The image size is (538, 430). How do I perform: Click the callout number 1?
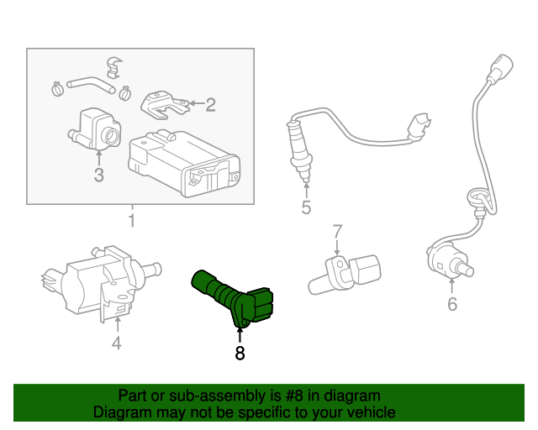click(131, 221)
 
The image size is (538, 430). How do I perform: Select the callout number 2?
click(210, 105)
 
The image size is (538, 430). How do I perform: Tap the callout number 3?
click(98, 176)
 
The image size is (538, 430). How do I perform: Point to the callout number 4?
click(117, 342)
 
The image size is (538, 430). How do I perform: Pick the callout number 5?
click(306, 207)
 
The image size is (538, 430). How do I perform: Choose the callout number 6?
click(451, 304)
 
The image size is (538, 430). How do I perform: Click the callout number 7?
click(336, 230)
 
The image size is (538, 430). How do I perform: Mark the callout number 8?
click(240, 354)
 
